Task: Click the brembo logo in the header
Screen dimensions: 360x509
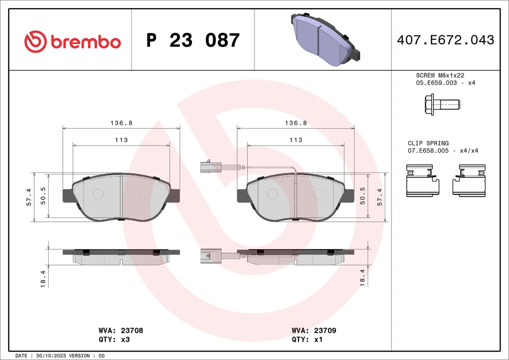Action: tap(73, 41)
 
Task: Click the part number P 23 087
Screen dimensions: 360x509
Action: tap(193, 41)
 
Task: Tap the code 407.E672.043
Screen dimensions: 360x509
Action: tap(445, 40)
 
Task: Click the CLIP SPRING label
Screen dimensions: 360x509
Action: tap(428, 143)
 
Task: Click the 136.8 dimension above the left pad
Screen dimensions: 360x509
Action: tap(121, 123)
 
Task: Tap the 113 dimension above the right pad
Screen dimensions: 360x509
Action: tap(296, 140)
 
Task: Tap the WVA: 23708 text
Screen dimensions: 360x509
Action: tap(121, 331)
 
